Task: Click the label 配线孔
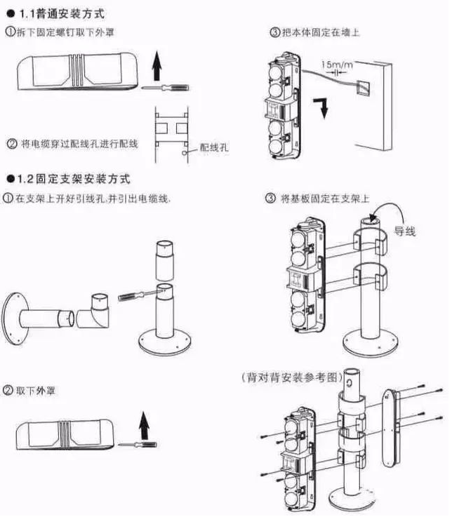point(214,148)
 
